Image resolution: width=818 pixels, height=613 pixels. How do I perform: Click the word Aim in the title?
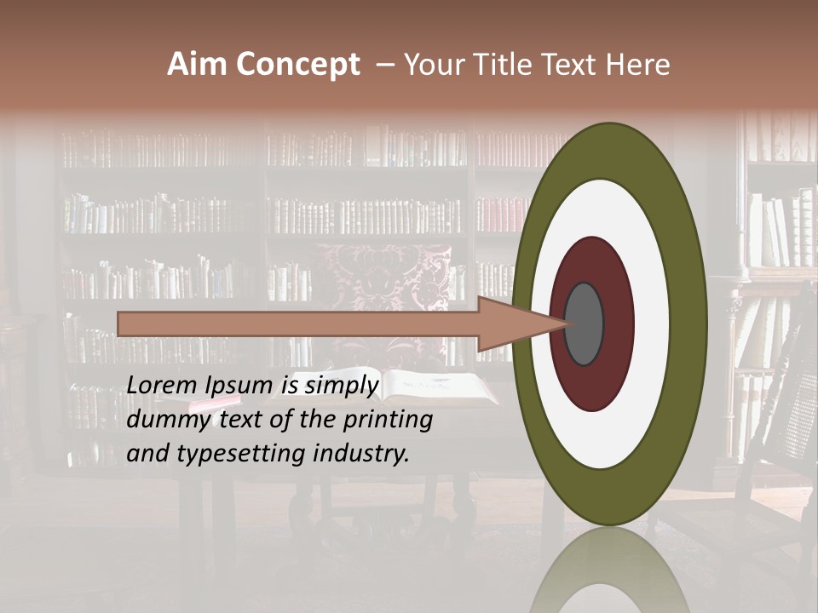coord(199,65)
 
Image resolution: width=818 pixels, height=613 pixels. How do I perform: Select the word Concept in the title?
coord(297,66)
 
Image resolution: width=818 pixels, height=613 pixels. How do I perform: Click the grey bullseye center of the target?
coord(584,324)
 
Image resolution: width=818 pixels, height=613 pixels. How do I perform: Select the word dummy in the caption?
coord(163,420)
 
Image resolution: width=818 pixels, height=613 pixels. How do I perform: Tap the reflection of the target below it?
coord(609,570)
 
